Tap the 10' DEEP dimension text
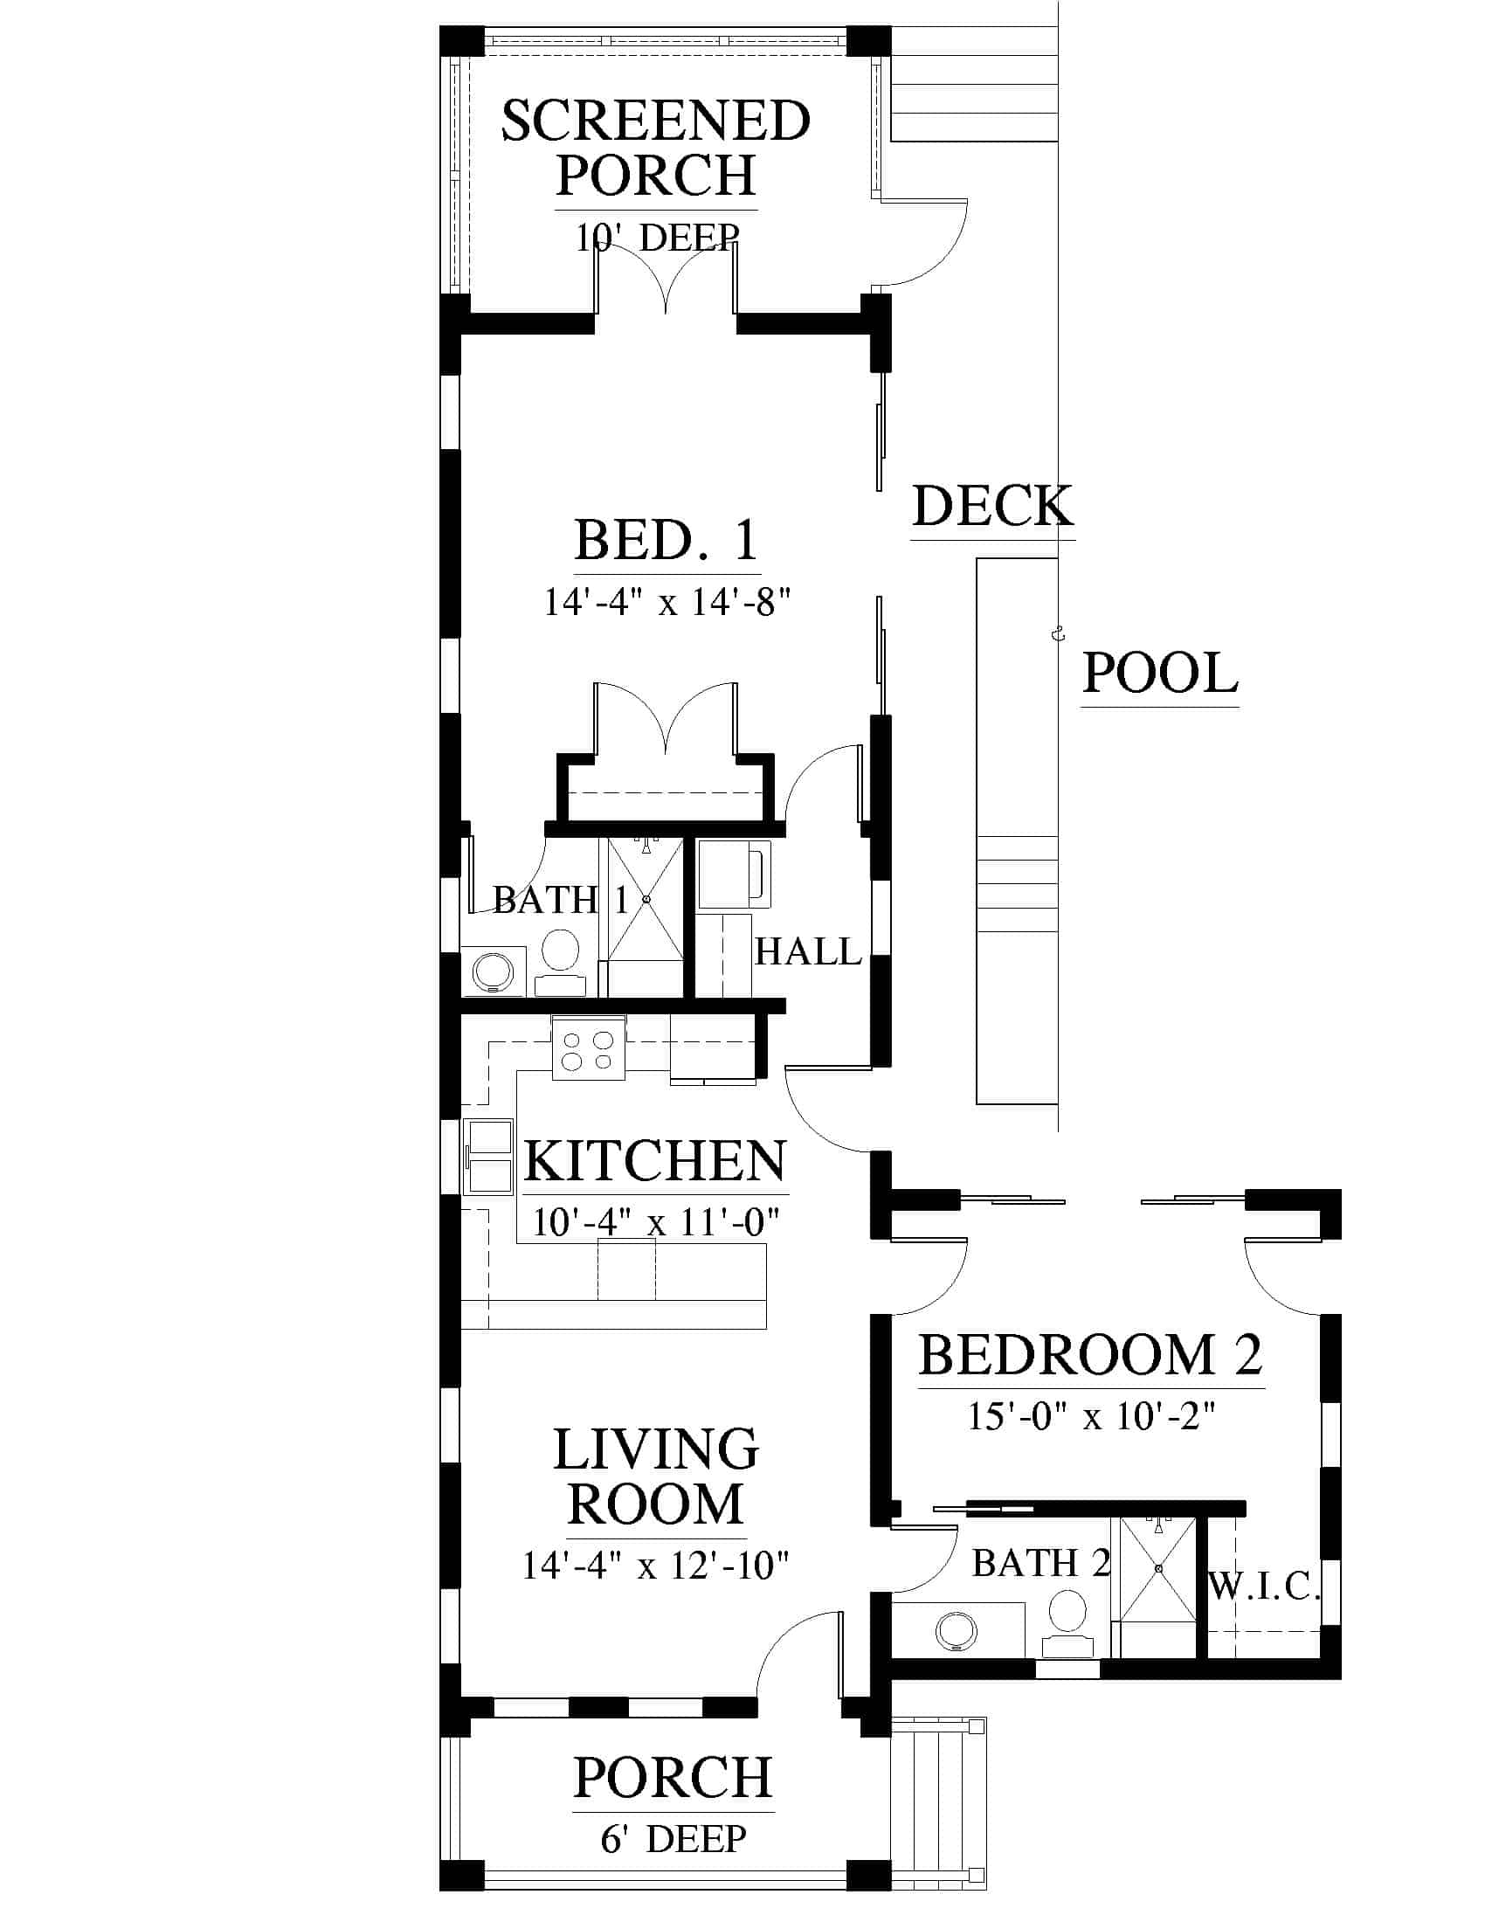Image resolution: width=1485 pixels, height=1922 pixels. click(x=657, y=237)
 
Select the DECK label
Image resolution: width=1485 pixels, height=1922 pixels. click(x=993, y=506)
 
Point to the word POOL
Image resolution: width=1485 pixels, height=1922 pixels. click(x=1159, y=674)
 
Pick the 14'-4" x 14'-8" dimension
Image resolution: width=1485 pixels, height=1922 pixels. click(x=667, y=603)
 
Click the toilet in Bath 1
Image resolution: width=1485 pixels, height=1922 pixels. click(x=560, y=963)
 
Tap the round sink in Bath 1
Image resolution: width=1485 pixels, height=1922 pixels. click(x=493, y=972)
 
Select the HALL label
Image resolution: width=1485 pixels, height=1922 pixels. click(x=808, y=951)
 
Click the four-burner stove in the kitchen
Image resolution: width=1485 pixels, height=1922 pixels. click(x=589, y=1047)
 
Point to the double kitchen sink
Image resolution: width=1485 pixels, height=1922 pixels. click(x=488, y=1158)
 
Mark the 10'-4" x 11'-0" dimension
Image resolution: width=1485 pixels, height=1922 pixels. click(x=656, y=1222)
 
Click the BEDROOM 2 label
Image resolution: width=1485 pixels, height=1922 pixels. click(x=1091, y=1354)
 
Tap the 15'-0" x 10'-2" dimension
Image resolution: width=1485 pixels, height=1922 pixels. click(x=1092, y=1416)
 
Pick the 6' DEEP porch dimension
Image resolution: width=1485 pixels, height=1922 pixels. click(x=673, y=1838)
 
